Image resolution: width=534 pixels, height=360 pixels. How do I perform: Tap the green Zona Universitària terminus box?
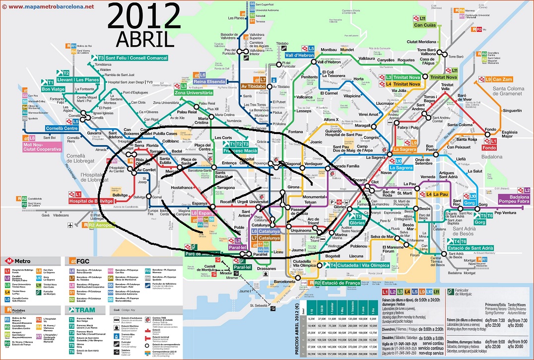click(194, 92)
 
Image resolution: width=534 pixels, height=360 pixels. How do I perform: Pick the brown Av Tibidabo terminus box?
click(254, 86)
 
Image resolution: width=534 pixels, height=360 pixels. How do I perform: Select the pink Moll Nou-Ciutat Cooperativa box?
click(42, 146)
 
